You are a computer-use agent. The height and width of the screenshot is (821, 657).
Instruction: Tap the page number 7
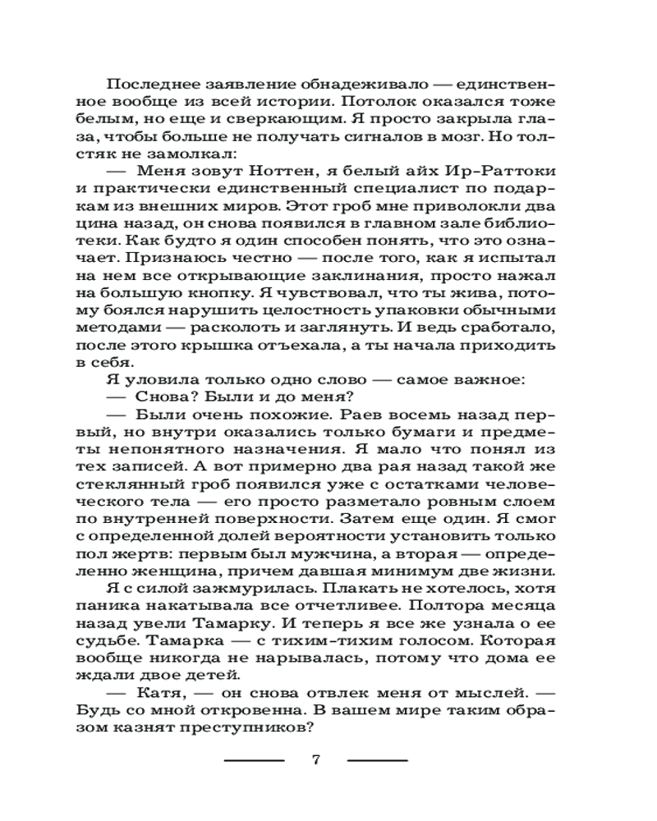[316, 759]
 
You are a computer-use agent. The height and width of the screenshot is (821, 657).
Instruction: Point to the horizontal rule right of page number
[377, 760]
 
